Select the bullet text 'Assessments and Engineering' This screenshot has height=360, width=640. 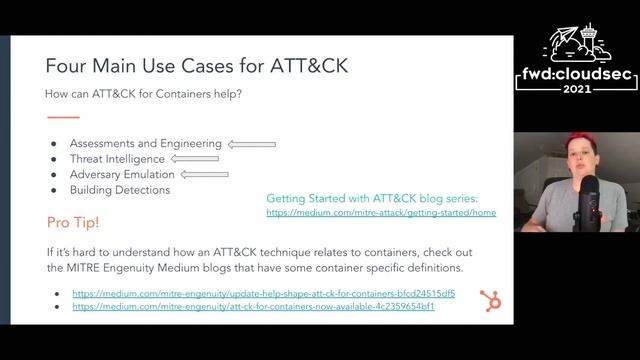[146, 143]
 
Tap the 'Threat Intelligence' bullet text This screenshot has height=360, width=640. [118, 158]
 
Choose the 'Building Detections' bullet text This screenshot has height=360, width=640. [121, 190]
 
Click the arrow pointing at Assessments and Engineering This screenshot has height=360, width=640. [252, 143]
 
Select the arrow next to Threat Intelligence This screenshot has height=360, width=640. [195, 158]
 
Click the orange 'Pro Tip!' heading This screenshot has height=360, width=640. [72, 221]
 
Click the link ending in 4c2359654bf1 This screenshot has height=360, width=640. [253, 306]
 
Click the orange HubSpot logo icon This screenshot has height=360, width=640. [491, 300]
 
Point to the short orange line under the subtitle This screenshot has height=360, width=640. [62, 117]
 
